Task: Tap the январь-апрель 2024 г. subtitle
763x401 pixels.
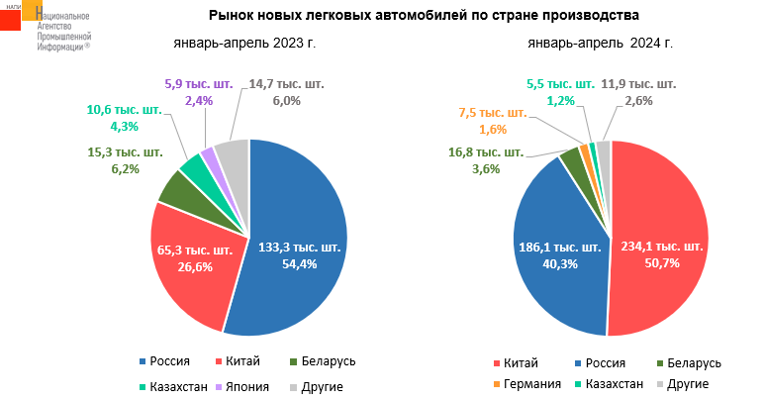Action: tap(601, 44)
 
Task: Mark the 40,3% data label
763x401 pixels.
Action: tap(558, 263)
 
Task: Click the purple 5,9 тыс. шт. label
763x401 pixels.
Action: tap(199, 85)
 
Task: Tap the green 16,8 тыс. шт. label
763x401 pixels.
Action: tap(486, 152)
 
